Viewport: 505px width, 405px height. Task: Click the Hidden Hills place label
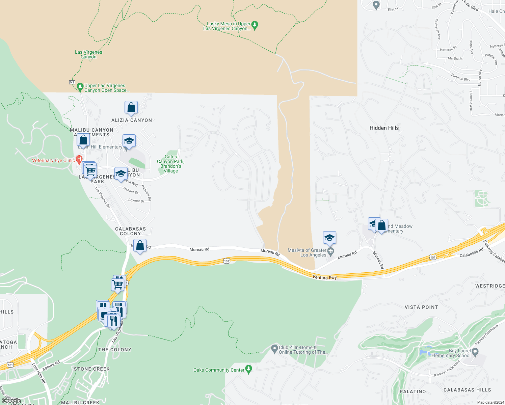pyautogui.click(x=384, y=128)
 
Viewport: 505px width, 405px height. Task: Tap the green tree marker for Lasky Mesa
pyautogui.click(x=255, y=25)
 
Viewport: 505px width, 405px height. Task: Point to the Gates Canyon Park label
pyautogui.click(x=170, y=164)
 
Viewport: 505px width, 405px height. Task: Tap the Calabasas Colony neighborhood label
pyautogui.click(x=130, y=231)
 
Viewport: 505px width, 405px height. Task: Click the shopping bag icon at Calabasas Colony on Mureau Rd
pyautogui.click(x=140, y=246)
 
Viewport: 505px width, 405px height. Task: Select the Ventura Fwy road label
pyautogui.click(x=324, y=277)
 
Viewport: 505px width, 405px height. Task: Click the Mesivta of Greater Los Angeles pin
pyautogui.click(x=331, y=251)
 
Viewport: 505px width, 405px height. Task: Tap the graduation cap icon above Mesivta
pyautogui.click(x=329, y=238)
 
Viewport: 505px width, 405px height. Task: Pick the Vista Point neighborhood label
pyautogui.click(x=421, y=307)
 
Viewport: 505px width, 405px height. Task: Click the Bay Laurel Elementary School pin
pyautogui.click(x=475, y=353)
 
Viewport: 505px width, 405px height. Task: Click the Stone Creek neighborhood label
pyautogui.click(x=92, y=369)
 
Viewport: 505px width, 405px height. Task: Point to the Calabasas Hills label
pyautogui.click(x=467, y=390)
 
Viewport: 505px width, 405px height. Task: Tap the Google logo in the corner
pyautogui.click(x=11, y=401)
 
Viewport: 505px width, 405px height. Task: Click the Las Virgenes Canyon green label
pyautogui.click(x=88, y=54)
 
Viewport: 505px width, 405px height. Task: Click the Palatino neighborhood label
pyautogui.click(x=413, y=391)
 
